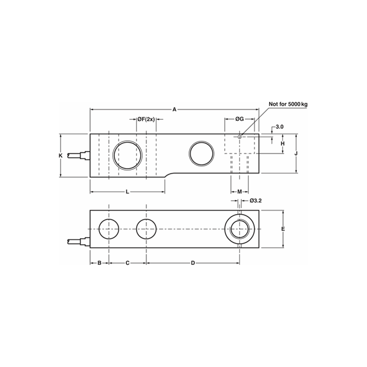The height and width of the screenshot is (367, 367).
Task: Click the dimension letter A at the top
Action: [174, 109]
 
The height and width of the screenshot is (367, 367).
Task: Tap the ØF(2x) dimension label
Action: [146, 120]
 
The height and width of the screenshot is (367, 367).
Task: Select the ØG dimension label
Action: [239, 120]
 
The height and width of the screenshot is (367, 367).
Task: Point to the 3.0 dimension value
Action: [279, 127]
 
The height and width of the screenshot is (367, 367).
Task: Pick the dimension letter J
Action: [296, 154]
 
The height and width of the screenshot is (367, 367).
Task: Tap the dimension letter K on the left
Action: [60, 156]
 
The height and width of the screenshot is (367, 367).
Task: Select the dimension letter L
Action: [127, 192]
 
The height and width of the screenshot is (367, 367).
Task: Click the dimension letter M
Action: [239, 192]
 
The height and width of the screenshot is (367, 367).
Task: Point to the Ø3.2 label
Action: [255, 200]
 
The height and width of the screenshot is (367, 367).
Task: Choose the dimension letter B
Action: [99, 263]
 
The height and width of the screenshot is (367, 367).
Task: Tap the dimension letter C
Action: [127, 263]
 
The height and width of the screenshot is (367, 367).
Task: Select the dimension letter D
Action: [193, 263]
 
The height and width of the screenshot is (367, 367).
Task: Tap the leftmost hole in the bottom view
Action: [109, 229]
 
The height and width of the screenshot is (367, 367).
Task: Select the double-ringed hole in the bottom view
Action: [239, 229]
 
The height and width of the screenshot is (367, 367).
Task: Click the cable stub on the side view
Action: [79, 157]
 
